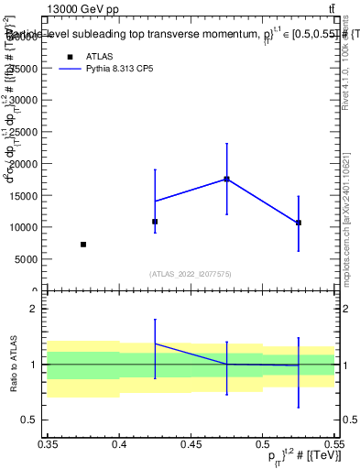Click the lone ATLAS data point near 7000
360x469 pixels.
pos(83,245)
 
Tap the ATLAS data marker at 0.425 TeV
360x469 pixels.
pos(155,222)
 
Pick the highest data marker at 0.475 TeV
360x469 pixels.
pos(226,180)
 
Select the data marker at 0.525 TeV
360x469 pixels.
pos(298,223)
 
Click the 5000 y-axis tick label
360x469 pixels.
pos(28,259)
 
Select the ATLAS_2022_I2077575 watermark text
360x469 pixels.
pos(191,274)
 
